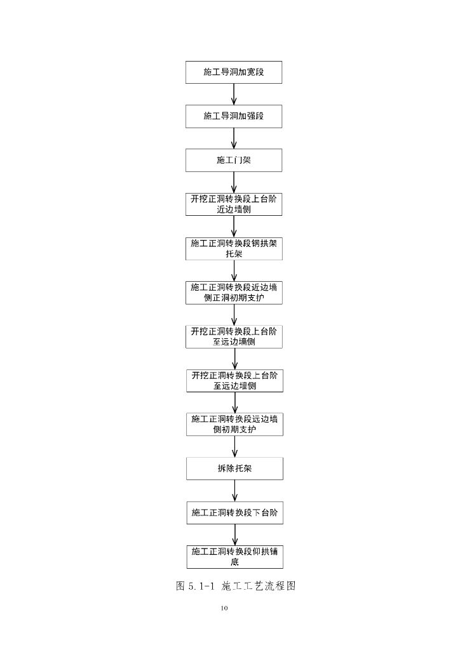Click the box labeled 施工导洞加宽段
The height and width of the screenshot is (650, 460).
coord(234,72)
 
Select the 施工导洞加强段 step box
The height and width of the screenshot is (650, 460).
coord(234,116)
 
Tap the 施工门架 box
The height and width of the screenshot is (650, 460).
coord(234,160)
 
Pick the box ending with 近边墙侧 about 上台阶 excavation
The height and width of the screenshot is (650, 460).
coord(234,204)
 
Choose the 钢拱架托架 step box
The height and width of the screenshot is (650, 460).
coord(234,248)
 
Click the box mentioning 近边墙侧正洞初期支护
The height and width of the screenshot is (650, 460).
coord(234,292)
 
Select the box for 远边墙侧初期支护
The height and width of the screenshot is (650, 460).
coord(234,424)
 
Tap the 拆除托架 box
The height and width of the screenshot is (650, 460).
coord(234,468)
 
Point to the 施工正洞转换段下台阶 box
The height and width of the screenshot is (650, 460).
coord(234,512)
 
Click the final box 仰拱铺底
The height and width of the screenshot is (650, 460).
coord(234,557)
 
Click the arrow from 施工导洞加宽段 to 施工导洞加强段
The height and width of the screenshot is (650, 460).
coord(234,94)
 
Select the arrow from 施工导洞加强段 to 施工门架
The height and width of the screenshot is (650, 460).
coord(234,138)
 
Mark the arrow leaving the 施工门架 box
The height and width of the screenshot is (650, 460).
coord(234,182)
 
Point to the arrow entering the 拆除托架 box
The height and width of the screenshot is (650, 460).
coord(235,446)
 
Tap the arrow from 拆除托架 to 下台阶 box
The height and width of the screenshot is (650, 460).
coord(235,490)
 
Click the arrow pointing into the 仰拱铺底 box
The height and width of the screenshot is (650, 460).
coord(235,534)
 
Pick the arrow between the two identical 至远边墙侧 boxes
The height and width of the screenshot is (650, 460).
coord(235,358)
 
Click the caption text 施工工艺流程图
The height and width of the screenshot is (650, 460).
coord(259,586)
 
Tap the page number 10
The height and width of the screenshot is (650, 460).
coord(224,608)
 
